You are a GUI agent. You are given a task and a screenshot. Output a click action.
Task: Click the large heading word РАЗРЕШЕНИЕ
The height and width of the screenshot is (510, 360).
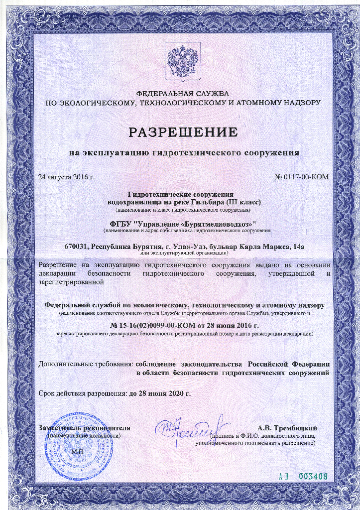coord(183,132)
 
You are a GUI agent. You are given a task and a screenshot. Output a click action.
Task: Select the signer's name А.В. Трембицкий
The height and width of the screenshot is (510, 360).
coord(287,428)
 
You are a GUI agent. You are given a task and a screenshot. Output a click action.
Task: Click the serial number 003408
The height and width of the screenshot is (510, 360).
coord(312,476)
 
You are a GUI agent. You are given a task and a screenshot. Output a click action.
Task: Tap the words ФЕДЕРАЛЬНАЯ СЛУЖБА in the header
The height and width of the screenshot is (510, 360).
coord(182,94)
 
